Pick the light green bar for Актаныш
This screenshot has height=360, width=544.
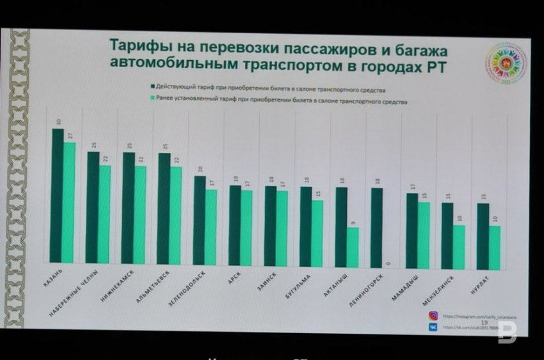(353, 246)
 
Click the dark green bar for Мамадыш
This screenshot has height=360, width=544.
(412, 228)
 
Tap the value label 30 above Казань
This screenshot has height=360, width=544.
(58, 121)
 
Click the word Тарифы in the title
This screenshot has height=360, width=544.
(138, 47)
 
